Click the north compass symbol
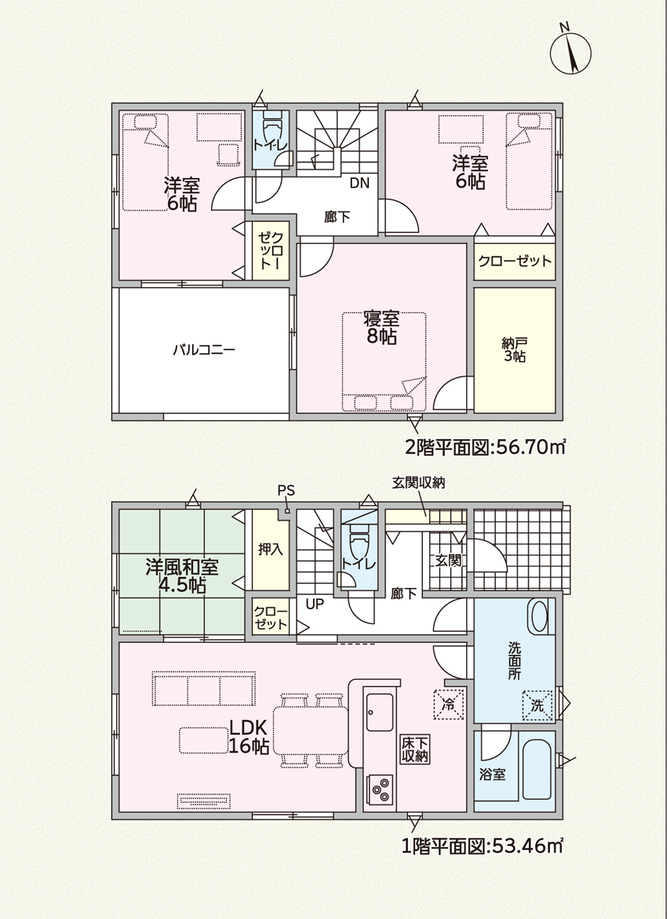click(570, 50)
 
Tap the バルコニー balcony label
click(204, 351)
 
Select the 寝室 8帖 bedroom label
click(381, 329)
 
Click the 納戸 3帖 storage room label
click(514, 350)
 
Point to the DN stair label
click(359, 183)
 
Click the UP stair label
click(315, 604)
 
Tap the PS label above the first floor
click(286, 491)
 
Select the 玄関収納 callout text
click(418, 482)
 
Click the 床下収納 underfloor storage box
click(415, 749)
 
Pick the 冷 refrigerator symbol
click(449, 704)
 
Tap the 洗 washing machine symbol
click(538, 706)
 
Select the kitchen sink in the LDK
click(380, 712)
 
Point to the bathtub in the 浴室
click(536, 769)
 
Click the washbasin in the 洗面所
click(538, 616)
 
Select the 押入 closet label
click(271, 550)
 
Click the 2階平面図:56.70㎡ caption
click(485, 448)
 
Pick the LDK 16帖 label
click(249, 736)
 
